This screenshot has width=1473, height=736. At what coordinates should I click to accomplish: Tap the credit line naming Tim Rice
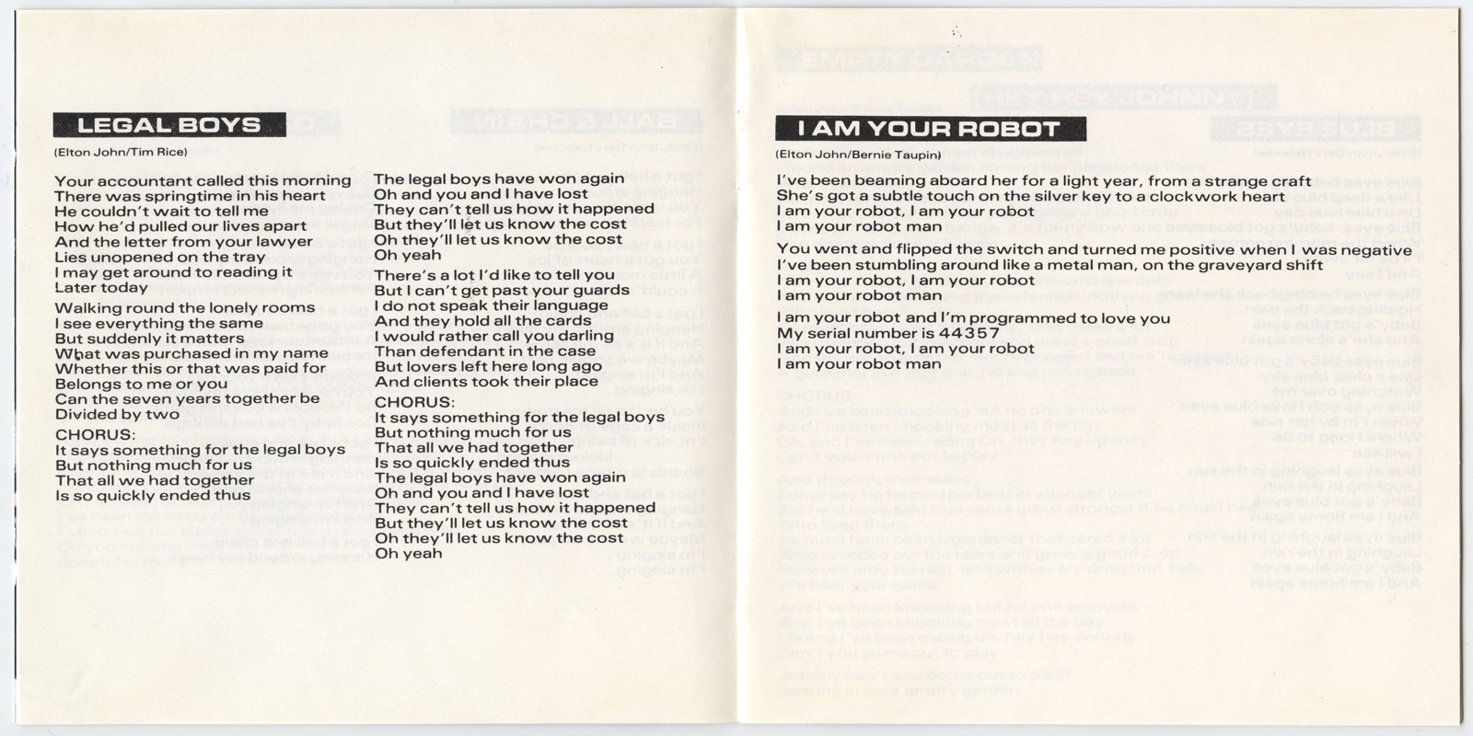[121, 153]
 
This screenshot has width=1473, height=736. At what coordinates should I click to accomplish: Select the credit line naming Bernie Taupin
[858, 155]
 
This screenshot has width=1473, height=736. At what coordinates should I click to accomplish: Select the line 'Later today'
[101, 288]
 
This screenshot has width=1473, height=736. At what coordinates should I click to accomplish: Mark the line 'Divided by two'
[117, 414]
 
